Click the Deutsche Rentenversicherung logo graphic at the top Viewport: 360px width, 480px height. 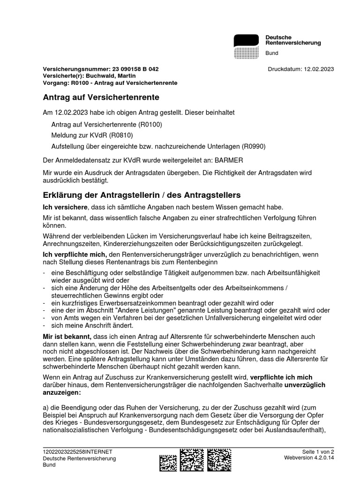pyautogui.click(x=246, y=46)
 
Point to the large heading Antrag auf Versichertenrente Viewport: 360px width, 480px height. pyautogui.click(x=101, y=97)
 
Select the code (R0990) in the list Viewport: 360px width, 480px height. pyautogui.click(x=254, y=146)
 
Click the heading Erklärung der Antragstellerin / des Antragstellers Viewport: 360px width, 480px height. pyautogui.click(x=142, y=195)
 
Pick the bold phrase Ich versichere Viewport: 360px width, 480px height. pyautogui.click(x=63, y=207)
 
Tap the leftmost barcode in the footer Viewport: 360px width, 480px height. pyautogui.click(x=168, y=462)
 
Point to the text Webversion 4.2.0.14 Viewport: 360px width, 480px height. pyautogui.click(x=309, y=457)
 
